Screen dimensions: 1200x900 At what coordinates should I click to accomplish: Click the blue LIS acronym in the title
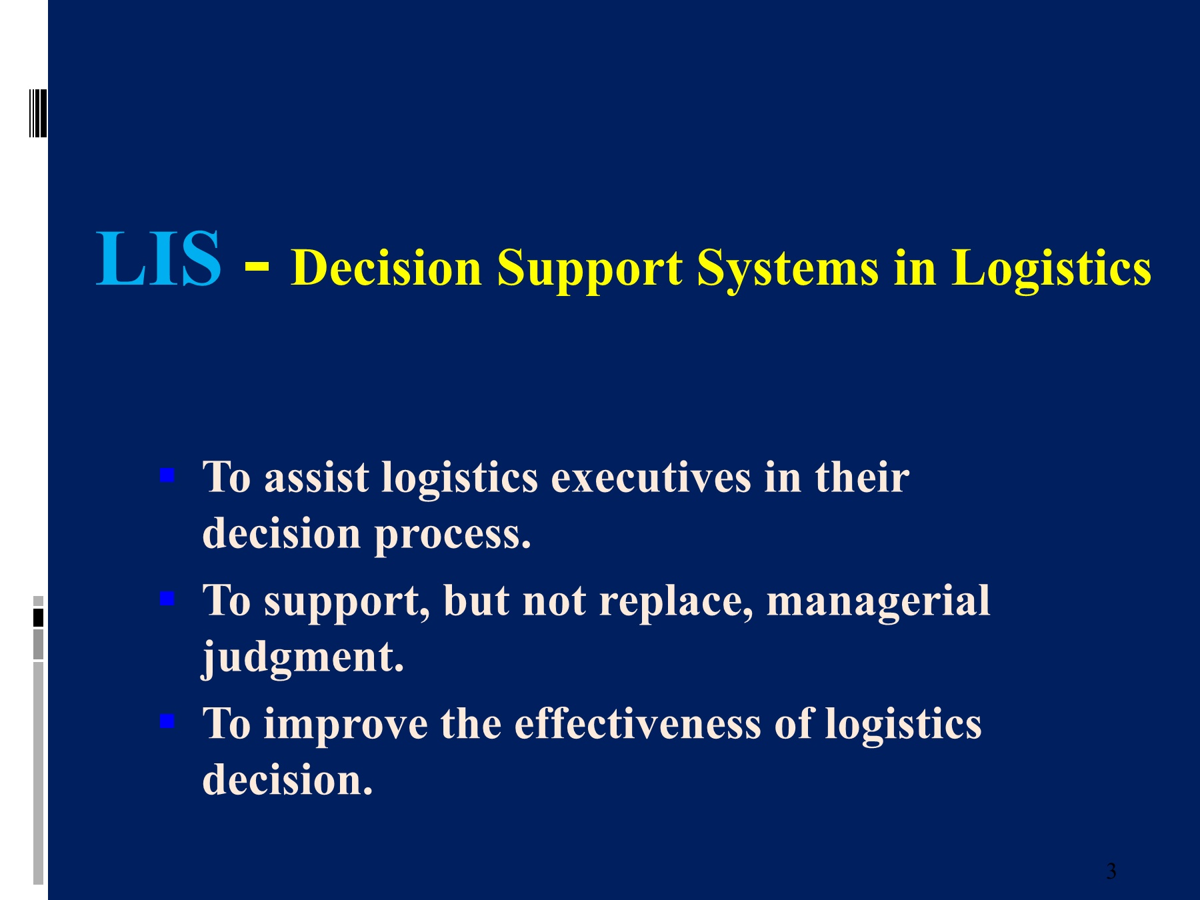159,259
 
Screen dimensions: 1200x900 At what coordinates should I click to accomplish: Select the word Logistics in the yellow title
1051,269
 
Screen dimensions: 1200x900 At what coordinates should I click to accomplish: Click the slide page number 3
1111,871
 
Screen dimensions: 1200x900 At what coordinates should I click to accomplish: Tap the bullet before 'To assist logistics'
167,475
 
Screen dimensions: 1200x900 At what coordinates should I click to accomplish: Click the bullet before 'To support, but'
167,598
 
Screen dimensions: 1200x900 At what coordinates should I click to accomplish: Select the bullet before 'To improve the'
167,721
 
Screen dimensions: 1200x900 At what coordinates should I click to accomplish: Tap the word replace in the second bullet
671,601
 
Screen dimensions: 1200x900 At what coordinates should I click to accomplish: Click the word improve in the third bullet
346,726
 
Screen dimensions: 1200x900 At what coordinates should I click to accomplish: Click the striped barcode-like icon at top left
39,113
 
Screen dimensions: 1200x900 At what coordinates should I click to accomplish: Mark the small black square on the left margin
38,618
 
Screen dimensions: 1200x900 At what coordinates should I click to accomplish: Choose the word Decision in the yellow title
387,267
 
